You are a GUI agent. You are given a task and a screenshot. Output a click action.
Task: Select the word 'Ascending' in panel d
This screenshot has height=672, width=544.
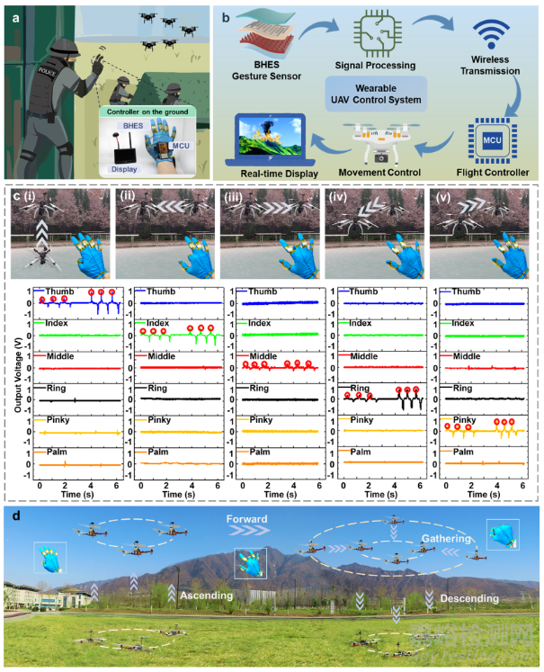point(207,595)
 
